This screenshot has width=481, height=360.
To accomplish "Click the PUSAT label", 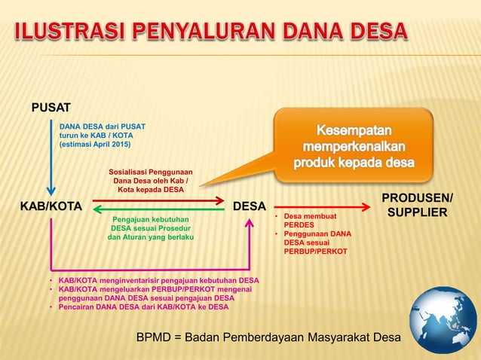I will coord(51,108).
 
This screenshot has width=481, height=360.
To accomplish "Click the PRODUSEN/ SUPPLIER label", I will coord(417,206).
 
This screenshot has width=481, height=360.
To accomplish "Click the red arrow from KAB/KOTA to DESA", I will coord(158,200).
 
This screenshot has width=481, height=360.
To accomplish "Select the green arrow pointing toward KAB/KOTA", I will coord(158,211).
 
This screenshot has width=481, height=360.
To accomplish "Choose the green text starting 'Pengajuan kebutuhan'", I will coord(152,227).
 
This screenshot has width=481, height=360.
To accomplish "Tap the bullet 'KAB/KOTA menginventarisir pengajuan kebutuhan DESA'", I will coord(158,280).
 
